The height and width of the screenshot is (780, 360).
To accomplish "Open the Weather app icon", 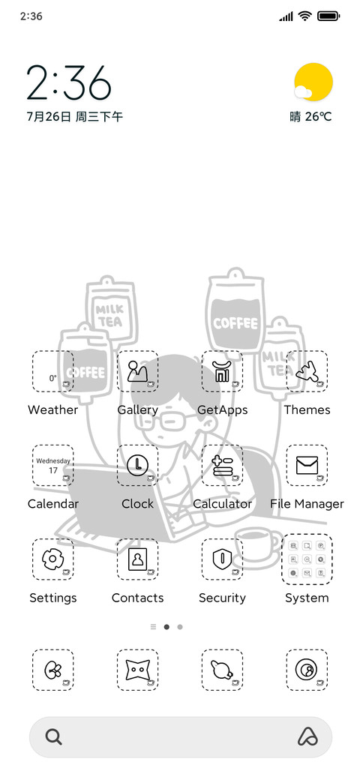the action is tap(52, 371).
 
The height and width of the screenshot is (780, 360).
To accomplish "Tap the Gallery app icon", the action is tap(138, 371).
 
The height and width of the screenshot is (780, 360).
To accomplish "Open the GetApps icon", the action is tap(222, 371).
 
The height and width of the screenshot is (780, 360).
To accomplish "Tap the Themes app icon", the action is tap(307, 371).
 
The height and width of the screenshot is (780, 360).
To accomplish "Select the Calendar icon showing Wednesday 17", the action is tap(52, 465).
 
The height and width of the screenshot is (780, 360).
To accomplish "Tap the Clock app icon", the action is tap(138, 465).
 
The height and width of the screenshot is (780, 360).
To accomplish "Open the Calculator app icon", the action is tap(222, 465).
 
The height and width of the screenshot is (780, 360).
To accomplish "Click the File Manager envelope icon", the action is tap(307, 465).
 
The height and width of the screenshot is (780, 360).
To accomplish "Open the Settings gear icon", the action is tap(52, 559).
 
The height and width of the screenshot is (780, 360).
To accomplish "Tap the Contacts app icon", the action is tap(138, 559).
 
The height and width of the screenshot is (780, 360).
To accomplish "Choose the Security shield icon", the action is tap(222, 559).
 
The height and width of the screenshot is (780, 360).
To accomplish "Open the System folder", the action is tap(307, 559).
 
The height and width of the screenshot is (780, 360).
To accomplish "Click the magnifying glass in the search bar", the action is tap(54, 736).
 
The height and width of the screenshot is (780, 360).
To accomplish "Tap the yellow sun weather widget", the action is tap(313, 82).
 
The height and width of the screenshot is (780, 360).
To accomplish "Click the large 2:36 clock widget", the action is tap(68, 82).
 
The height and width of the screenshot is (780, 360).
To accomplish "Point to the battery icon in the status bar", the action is tap(328, 16).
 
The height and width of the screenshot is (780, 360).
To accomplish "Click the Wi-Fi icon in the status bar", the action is tap(304, 16).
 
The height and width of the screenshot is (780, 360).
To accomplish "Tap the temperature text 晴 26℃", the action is tap(310, 117).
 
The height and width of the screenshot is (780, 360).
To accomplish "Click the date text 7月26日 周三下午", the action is tap(74, 117).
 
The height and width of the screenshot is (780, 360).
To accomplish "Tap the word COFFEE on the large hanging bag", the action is tap(235, 323).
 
